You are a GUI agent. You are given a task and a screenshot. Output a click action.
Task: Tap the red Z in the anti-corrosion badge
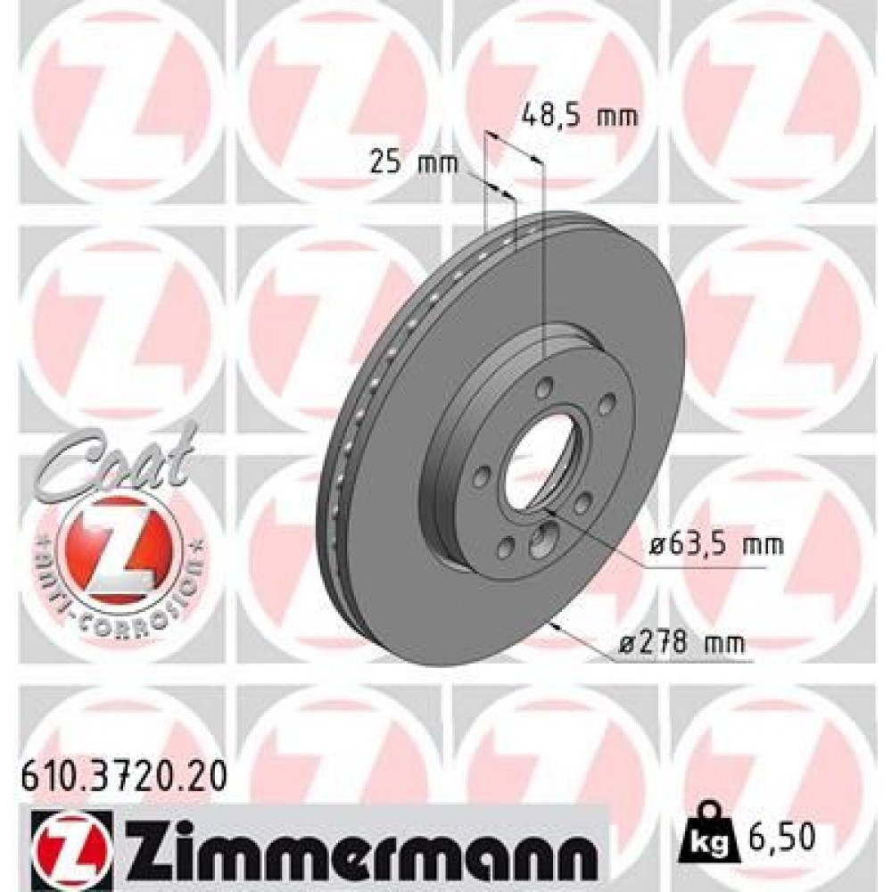pyautogui.click(x=115, y=544)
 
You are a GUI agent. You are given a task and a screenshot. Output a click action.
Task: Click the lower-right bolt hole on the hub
pyautogui.click(x=582, y=505)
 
